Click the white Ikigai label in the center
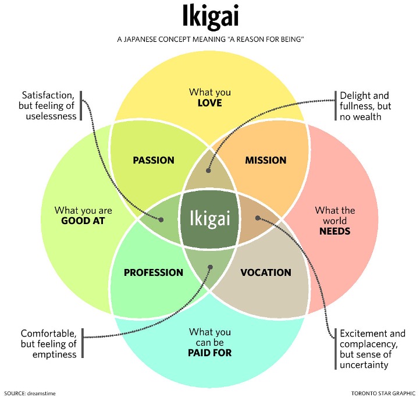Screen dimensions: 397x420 [210, 219]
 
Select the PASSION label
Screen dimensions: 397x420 [154, 160]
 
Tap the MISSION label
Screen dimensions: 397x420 [266, 160]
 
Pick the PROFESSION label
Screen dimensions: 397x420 [154, 272]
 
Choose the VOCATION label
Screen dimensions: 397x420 [266, 272]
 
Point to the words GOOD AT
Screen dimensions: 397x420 [83, 221]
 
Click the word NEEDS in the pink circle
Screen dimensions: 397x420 [334, 231]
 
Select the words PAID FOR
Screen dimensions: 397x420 [210, 352]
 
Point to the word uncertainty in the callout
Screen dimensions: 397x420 [365, 365]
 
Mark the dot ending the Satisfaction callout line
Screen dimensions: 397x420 [161, 220]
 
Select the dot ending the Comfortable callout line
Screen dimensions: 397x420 [210, 268]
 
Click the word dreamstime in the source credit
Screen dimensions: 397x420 [42, 393]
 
